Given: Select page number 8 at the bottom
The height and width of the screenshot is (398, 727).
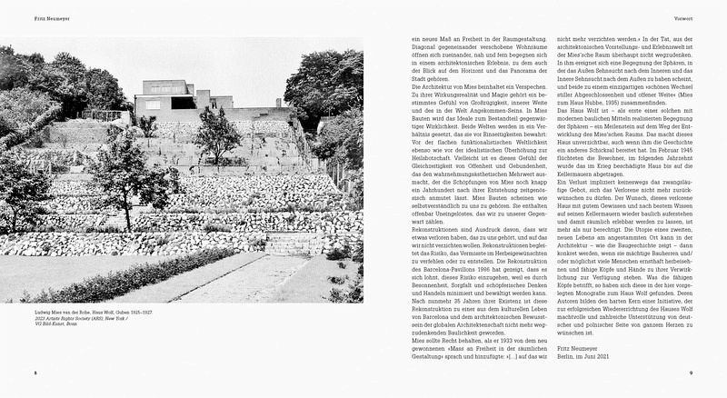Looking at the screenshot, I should [35, 373].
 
